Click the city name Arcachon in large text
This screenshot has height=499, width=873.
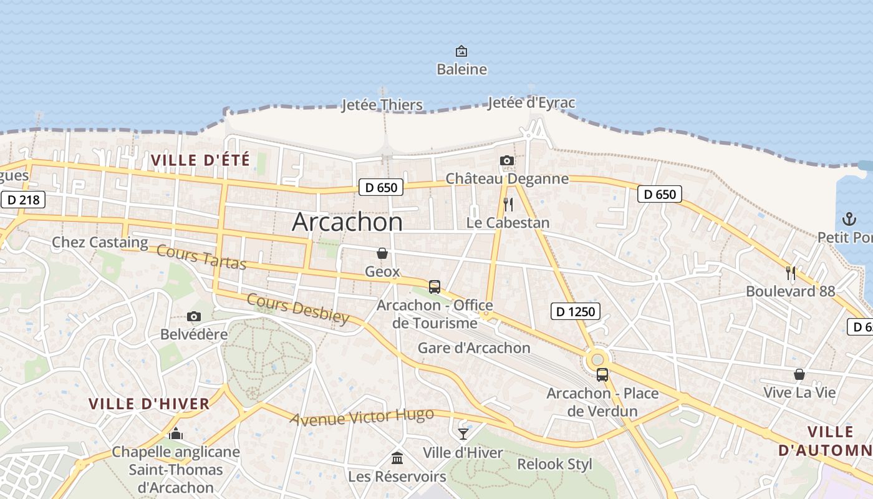click(x=347, y=222)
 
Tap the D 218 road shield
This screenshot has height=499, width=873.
click(x=23, y=200)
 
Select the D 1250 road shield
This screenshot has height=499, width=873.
click(x=575, y=311)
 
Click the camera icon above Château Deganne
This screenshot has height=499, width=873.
click(x=507, y=161)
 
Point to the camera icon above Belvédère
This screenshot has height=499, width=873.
click(x=194, y=317)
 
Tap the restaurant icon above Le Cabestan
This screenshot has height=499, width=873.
click(x=508, y=205)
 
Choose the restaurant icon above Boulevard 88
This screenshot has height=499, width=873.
click(x=790, y=273)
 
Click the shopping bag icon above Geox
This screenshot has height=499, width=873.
click(x=382, y=253)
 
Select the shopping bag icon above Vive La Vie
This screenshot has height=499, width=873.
click(x=799, y=374)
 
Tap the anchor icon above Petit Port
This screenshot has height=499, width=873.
click(x=849, y=219)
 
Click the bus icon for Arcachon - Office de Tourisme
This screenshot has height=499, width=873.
click(x=435, y=287)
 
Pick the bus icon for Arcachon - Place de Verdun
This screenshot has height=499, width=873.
click(x=602, y=375)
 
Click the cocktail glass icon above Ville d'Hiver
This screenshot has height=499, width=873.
click(x=463, y=434)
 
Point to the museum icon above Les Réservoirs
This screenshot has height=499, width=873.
click(x=397, y=458)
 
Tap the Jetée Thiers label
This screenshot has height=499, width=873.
click(x=382, y=105)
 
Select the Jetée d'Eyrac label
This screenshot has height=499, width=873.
click(x=531, y=102)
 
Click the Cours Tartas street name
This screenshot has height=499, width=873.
click(x=201, y=257)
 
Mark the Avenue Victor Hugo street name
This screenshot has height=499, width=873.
click(x=362, y=417)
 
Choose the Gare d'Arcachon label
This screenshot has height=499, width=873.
click(x=474, y=347)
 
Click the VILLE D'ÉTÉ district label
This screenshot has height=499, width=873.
click(x=200, y=160)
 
